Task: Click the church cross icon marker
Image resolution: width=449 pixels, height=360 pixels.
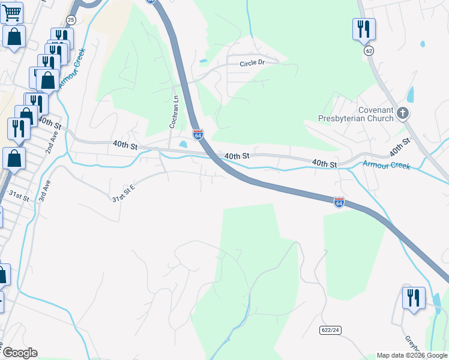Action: point(403,113)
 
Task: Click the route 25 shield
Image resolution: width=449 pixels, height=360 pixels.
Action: point(71,20)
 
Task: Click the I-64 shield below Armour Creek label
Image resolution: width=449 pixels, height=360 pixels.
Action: point(339,203)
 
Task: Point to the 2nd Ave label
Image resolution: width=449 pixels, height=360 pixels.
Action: point(53,143)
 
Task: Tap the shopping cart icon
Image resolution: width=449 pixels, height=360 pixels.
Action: point(13,12)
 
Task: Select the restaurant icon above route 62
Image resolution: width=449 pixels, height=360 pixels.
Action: point(364,29)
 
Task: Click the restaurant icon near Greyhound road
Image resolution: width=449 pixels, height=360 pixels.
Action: point(414,298)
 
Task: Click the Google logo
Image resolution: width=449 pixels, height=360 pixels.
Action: point(20,353)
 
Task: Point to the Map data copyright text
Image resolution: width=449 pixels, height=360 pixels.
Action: point(411,355)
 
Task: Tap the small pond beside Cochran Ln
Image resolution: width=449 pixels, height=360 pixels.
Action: point(182,144)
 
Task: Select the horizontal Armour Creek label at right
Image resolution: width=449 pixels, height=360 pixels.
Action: point(387,164)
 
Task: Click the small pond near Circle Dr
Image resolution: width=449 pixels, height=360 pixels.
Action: point(203,61)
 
